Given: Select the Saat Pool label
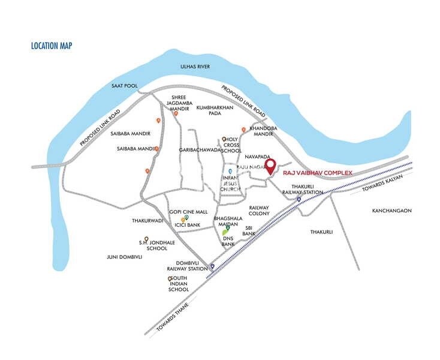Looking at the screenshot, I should click(x=124, y=86).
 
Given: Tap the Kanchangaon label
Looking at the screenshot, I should click(x=391, y=211).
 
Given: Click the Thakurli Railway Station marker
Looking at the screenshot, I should click(x=299, y=200).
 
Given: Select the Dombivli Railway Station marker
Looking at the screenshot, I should click(x=212, y=266).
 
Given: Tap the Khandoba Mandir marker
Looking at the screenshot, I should click(x=243, y=130).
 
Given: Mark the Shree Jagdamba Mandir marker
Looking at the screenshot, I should click(x=176, y=113).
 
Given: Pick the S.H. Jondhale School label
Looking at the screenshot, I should click(x=152, y=245).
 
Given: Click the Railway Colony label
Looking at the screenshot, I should click(x=259, y=210).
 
